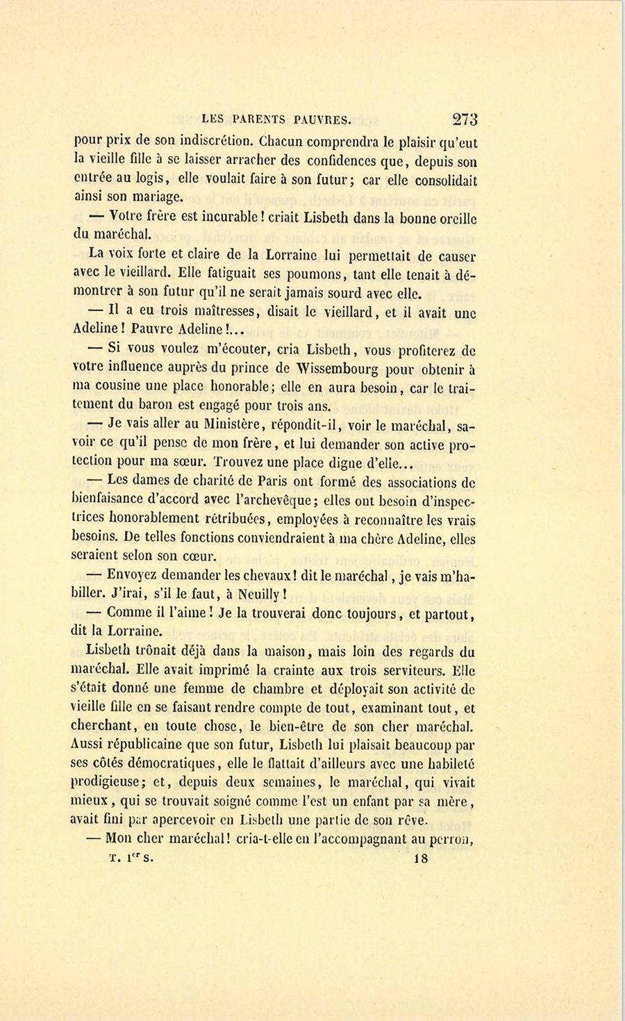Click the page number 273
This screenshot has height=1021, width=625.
(465, 119)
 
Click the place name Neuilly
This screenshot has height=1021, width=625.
(260, 595)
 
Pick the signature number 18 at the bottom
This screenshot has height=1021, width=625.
(421, 858)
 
